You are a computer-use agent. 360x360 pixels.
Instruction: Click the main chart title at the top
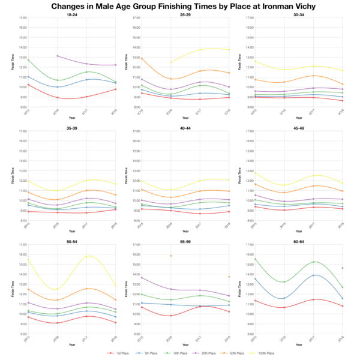[x=180, y=6]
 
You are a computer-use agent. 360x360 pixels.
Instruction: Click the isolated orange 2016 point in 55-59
[x=171, y=256]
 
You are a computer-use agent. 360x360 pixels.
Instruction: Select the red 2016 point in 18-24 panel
[x=56, y=97]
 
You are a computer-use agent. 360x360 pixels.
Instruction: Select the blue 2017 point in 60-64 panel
[x=316, y=275]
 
